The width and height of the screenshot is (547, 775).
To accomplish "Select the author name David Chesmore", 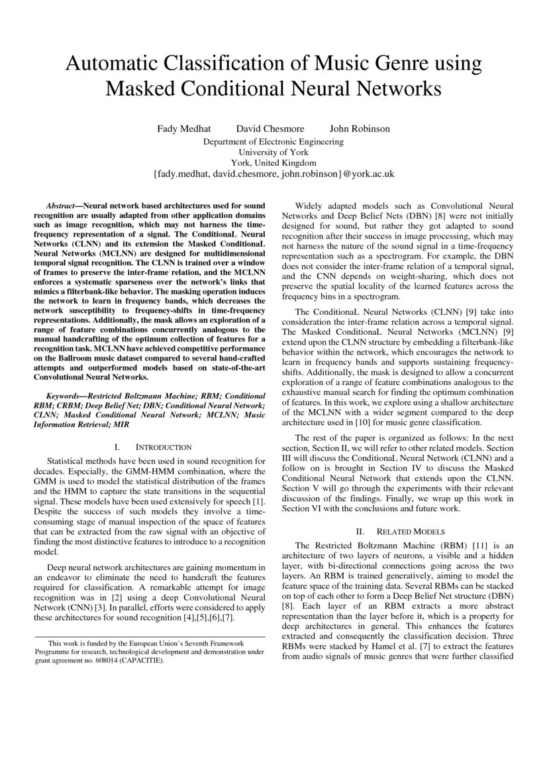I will (x=265, y=129).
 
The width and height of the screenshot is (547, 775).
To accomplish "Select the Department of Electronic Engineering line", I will (x=273, y=141).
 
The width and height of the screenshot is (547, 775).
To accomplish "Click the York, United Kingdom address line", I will (x=273, y=162).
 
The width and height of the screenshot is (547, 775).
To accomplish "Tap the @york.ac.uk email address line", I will (x=273, y=174).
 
